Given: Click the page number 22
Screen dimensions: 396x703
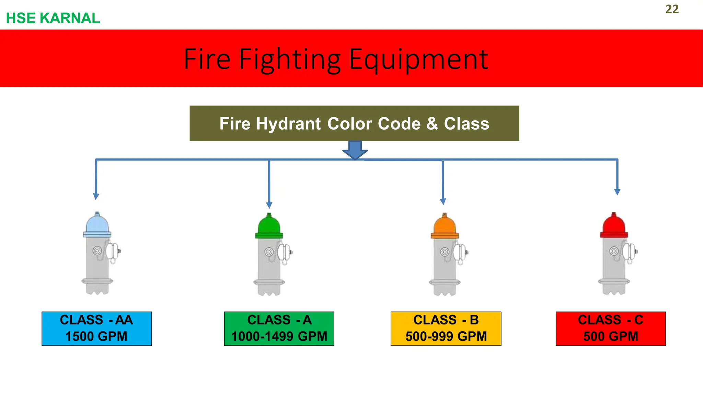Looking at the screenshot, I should point(672,9).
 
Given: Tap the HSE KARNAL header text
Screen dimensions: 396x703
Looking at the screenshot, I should point(53,18).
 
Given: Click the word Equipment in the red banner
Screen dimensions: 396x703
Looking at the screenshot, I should point(418,59).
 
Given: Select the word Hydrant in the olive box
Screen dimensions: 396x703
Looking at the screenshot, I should point(288,124).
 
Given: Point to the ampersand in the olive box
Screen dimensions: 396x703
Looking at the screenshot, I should point(432,124).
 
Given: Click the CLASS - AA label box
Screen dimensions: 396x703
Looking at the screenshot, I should point(96,328).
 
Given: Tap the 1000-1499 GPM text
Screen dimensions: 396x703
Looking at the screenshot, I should point(279,337).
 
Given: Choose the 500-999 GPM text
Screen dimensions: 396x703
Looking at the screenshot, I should point(446,337).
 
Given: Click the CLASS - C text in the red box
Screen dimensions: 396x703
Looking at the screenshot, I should point(610,320).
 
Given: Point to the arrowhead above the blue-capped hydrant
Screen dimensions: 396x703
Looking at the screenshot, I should point(96,196).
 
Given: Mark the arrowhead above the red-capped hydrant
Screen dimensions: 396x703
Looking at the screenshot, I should point(617,192).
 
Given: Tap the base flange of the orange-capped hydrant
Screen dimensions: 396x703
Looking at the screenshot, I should point(445,283).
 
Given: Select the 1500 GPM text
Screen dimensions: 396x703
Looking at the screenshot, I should point(96,337).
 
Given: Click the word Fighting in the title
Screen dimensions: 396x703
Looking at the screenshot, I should point(290,59).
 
